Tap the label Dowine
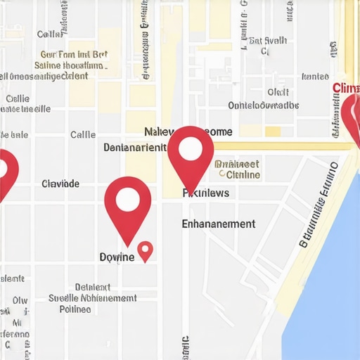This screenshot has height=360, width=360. click(x=117, y=257)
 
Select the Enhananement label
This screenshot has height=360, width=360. click(x=218, y=224)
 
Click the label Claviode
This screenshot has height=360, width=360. click(x=60, y=184)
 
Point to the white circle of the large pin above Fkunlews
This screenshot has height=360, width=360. click(x=191, y=149)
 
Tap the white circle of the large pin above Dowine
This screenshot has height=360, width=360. click(x=128, y=200)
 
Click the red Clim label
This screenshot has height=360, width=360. click(x=345, y=88)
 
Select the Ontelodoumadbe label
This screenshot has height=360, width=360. click(x=264, y=105)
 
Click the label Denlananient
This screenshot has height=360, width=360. click(x=135, y=148)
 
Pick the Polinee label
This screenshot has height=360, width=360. click(x=75, y=308)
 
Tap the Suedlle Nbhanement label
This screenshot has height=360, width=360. click(x=92, y=297)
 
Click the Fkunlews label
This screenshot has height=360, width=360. click(x=205, y=192)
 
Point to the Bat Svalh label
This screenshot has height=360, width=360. click(x=268, y=40)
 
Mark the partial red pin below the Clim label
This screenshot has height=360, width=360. click(x=353, y=116)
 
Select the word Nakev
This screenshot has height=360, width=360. click(x=160, y=131)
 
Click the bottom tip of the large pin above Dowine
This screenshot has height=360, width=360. click(x=129, y=245)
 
